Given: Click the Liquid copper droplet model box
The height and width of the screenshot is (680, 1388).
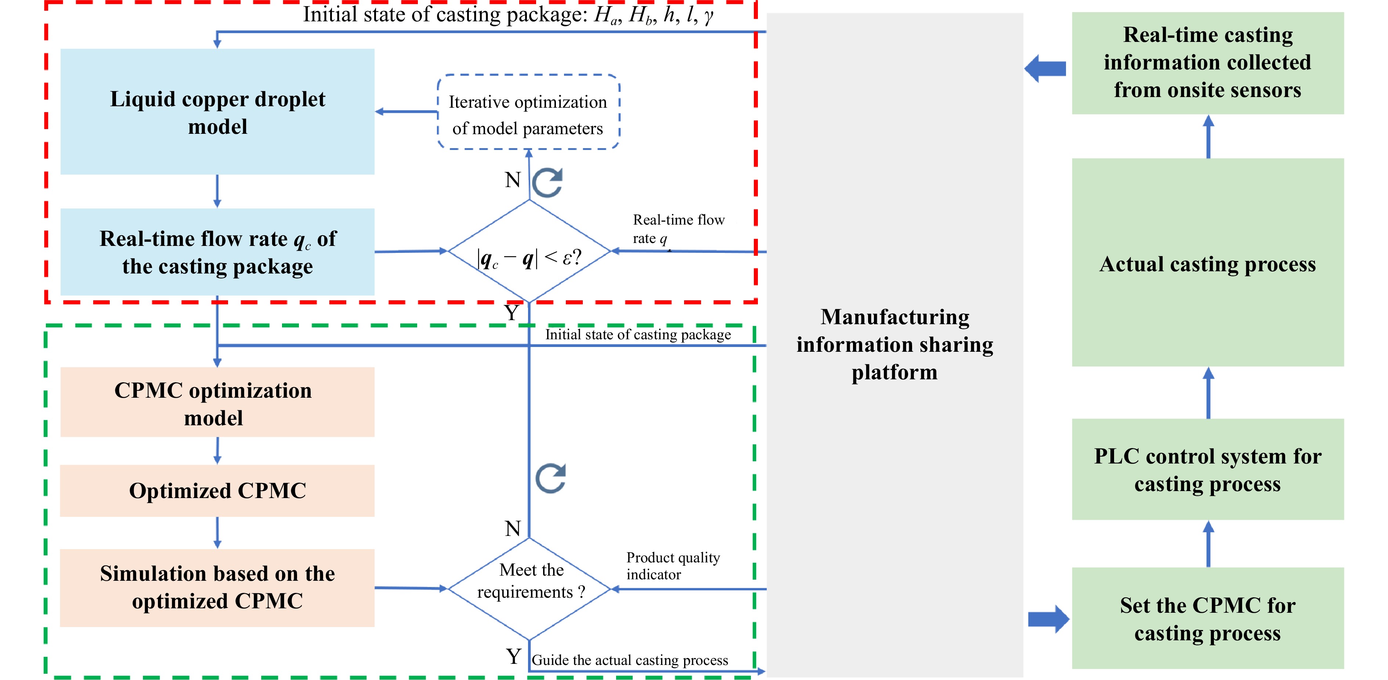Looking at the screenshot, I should click(x=217, y=112).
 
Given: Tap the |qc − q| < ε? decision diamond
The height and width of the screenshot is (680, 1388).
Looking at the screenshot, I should click(x=529, y=252).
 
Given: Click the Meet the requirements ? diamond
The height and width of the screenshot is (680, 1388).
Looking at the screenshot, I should click(x=529, y=588).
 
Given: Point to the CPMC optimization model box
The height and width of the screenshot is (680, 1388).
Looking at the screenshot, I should click(x=217, y=402).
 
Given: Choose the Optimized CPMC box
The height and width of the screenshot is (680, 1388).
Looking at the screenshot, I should click(x=217, y=491).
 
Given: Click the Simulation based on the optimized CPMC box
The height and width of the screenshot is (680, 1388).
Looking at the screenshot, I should click(x=217, y=588).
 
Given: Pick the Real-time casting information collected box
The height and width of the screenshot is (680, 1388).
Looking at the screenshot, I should click(x=1207, y=62).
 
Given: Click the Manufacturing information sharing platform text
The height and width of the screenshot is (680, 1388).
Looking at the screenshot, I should click(x=894, y=344).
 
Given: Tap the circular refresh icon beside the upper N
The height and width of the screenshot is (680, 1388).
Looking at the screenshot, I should click(x=547, y=182).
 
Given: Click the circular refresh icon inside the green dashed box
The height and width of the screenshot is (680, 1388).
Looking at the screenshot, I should click(x=550, y=478).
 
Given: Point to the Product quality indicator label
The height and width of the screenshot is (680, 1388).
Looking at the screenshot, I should click(x=672, y=565).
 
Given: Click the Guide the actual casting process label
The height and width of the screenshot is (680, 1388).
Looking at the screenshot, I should click(x=629, y=660).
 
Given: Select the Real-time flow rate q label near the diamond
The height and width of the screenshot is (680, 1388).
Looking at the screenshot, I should click(x=678, y=228).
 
